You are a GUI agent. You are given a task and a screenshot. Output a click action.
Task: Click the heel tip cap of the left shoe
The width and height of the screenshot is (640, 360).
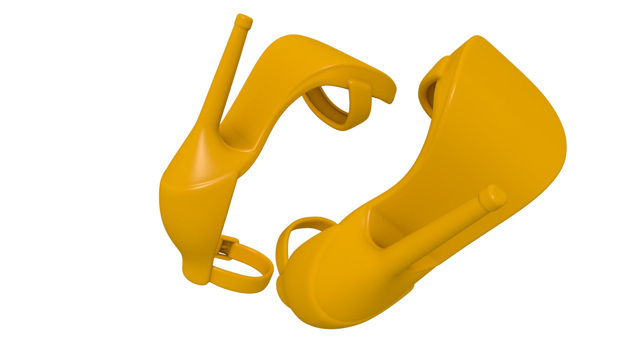click(x=244, y=22)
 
